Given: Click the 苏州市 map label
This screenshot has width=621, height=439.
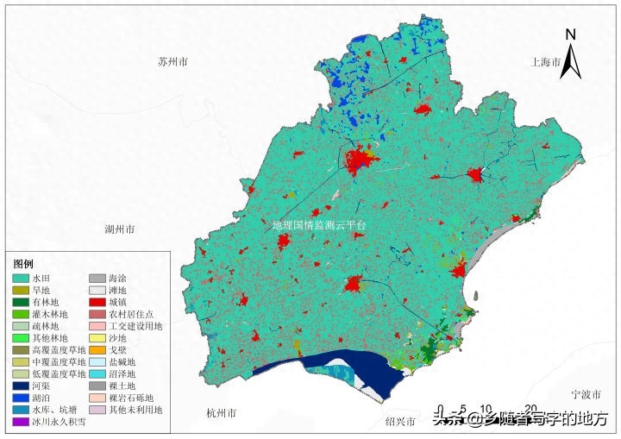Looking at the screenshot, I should [x=173, y=63].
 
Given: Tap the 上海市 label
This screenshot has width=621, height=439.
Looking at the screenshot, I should [x=546, y=63].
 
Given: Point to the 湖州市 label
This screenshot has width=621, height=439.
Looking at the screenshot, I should [x=119, y=230].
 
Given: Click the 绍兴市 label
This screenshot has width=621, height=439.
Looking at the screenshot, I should [x=399, y=423].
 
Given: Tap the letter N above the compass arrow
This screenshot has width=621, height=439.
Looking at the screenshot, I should [x=570, y=34].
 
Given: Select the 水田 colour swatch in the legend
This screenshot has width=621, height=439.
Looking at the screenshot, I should [x=20, y=279].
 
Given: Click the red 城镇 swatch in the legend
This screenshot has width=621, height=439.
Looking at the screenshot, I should [x=97, y=303].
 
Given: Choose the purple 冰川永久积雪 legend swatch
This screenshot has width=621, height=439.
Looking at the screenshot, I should [x=20, y=423].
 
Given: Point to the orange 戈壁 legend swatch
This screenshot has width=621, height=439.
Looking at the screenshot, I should [x=97, y=351].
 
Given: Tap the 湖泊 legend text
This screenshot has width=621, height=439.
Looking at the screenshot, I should [x=42, y=399].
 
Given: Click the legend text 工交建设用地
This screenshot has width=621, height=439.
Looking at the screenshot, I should [x=135, y=327].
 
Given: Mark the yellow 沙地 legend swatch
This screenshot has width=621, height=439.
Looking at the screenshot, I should [x=97, y=339].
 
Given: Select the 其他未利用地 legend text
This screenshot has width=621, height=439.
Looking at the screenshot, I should [x=135, y=411].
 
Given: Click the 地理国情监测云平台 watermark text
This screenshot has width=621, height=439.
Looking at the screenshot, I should [x=318, y=225].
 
